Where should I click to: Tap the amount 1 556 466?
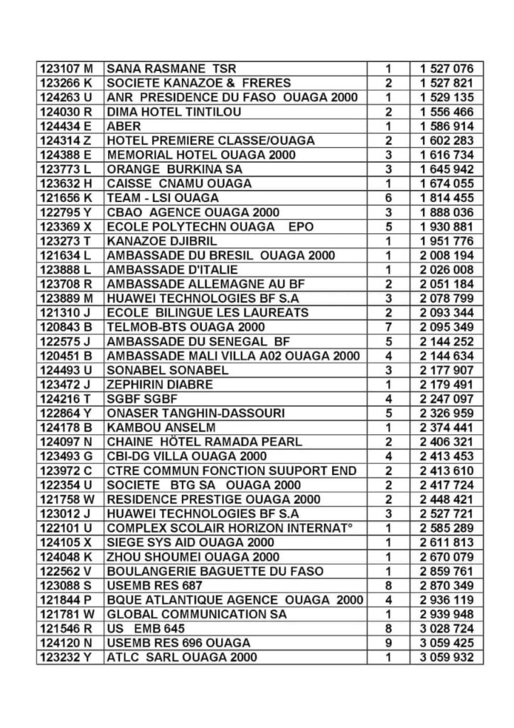[446, 112]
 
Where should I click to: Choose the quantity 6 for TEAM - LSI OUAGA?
[389, 198]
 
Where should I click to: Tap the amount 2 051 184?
[446, 284]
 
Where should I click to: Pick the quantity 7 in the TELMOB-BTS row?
[389, 327]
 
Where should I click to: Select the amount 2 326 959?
[446, 413]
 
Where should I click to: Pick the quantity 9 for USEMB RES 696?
[389, 643]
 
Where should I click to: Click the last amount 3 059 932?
[446, 657]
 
